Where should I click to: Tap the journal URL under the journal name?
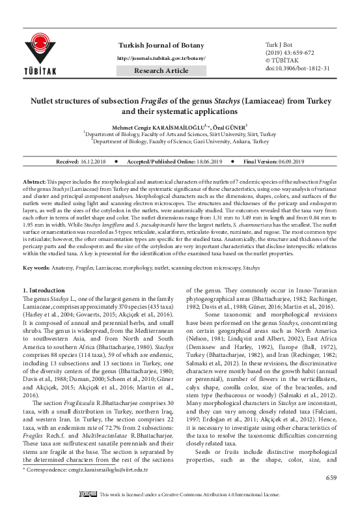tap(161, 59)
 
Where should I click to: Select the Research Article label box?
tap(161, 70)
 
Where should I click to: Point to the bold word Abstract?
tap(35, 178)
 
